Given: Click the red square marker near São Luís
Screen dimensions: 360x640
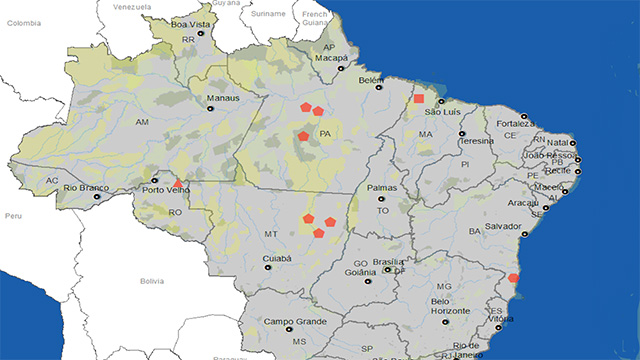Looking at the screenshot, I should (419, 99).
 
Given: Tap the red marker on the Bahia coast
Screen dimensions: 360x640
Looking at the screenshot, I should (513, 278).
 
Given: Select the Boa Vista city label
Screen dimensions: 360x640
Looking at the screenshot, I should (194, 24).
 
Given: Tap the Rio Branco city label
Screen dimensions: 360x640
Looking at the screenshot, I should (85, 187).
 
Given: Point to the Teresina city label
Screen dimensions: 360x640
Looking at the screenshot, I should (477, 141).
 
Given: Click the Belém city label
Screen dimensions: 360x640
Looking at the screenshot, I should (371, 79).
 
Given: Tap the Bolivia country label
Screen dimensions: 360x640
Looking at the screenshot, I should (152, 281).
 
